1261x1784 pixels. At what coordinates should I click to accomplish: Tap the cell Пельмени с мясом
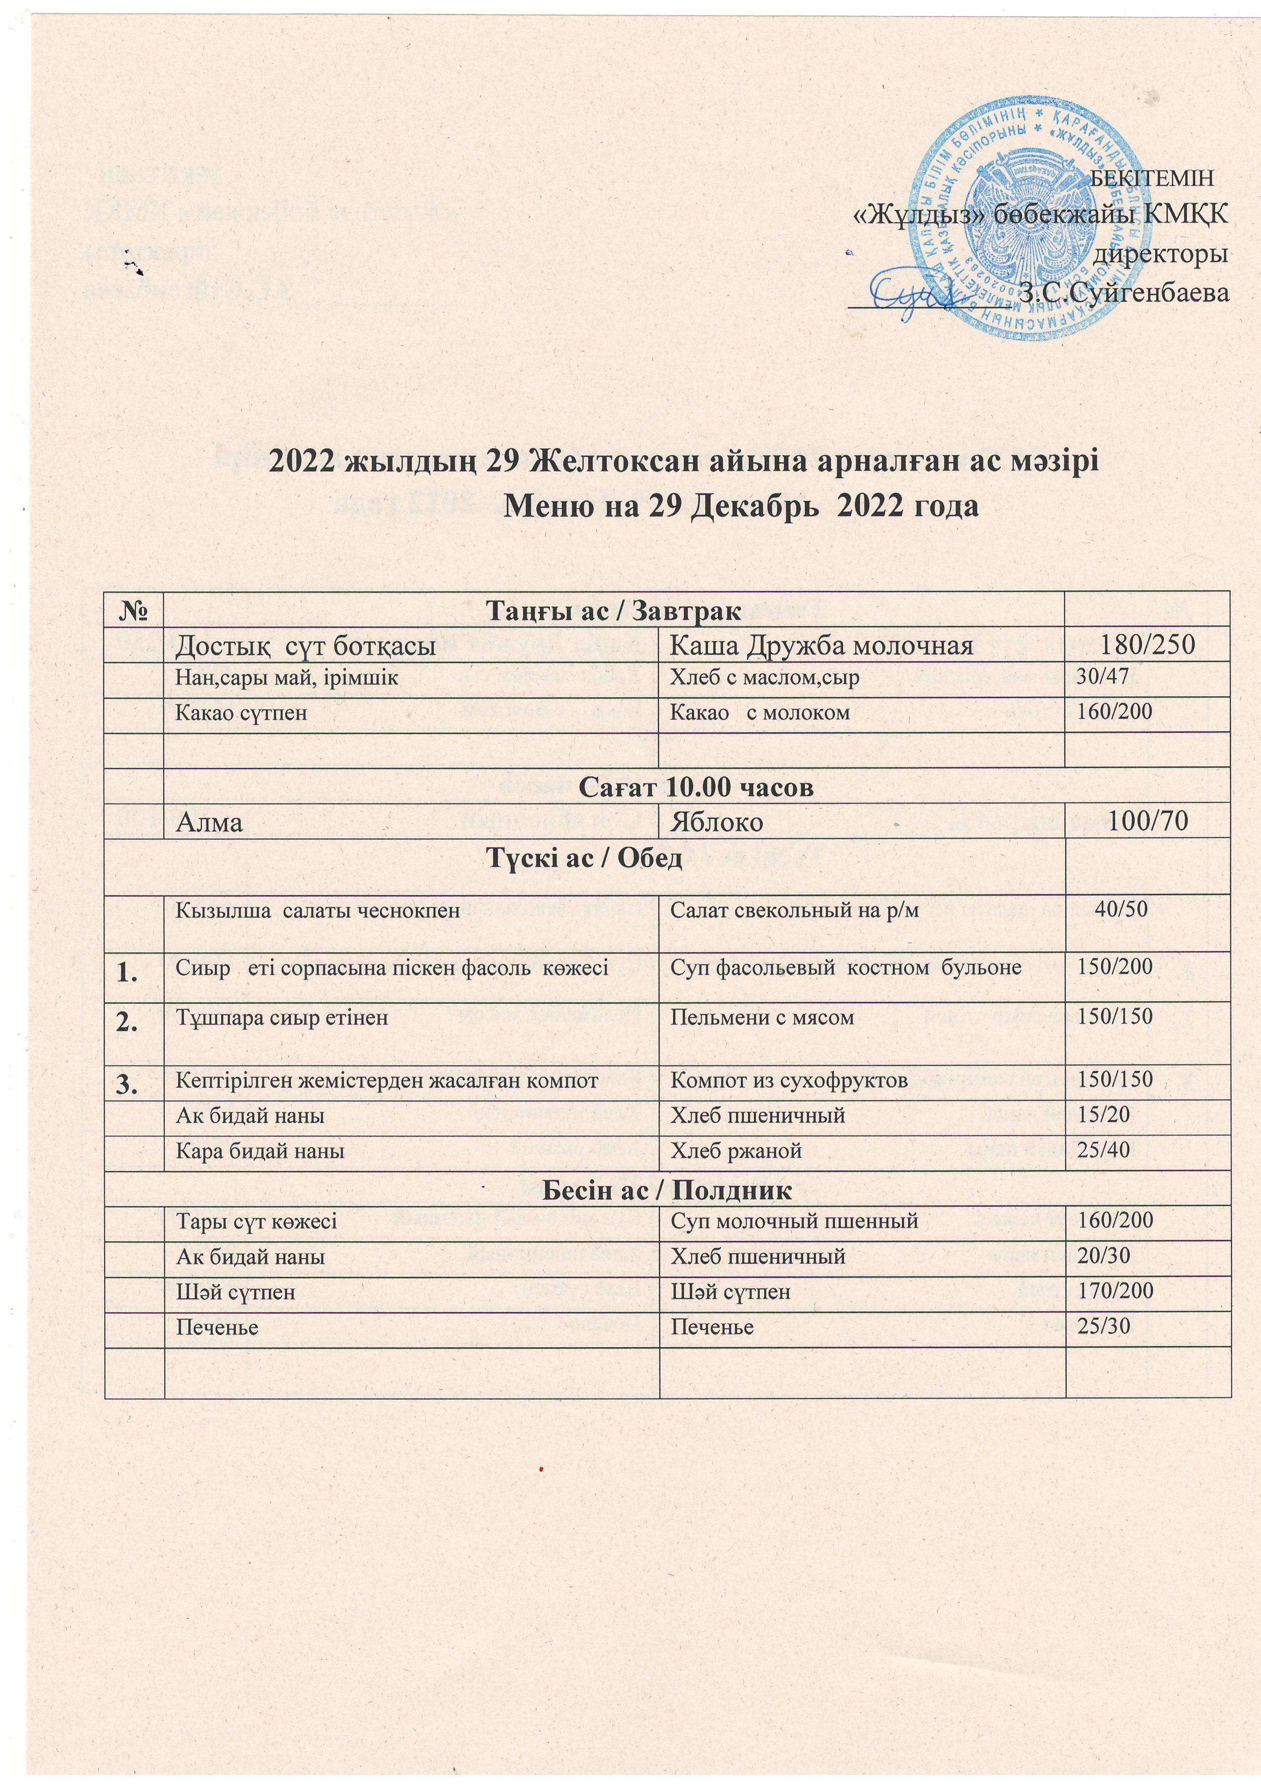click(x=762, y=1017)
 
